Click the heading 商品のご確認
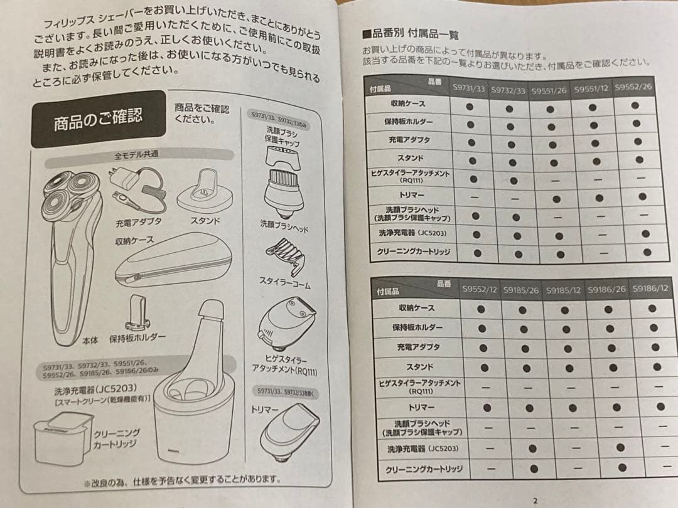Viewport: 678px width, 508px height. point(97,118)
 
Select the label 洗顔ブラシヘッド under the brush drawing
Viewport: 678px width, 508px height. point(284,226)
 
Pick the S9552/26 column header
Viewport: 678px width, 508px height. point(633,87)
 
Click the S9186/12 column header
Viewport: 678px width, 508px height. point(650,289)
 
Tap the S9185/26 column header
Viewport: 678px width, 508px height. point(520,290)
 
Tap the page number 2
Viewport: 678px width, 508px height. point(535,500)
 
